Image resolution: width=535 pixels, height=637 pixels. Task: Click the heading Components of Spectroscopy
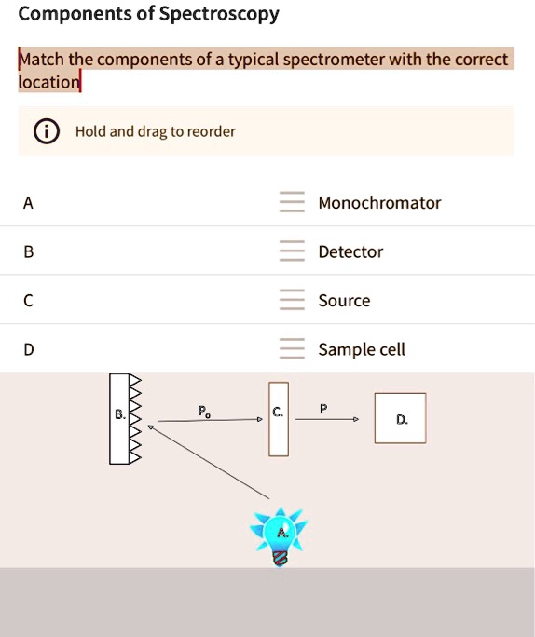click(x=149, y=14)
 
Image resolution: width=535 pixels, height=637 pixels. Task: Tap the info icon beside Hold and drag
click(x=44, y=131)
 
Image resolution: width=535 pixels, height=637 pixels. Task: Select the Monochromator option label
click(x=379, y=203)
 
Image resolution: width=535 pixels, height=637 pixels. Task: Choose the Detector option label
click(x=350, y=251)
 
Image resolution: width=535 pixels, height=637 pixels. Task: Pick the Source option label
click(x=344, y=301)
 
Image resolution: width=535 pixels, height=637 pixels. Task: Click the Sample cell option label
click(x=362, y=350)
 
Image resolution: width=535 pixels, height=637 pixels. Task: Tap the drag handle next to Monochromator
click(x=292, y=203)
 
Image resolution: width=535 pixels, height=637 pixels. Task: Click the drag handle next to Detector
click(x=292, y=251)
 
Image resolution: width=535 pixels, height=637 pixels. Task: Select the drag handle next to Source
click(x=292, y=301)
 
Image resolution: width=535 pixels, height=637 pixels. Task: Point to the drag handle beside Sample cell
click(x=292, y=350)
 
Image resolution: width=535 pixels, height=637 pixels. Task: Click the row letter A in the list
click(x=29, y=203)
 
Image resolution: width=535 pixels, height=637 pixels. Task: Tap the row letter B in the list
click(x=29, y=251)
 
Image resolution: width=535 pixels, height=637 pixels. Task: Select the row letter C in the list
click(x=29, y=301)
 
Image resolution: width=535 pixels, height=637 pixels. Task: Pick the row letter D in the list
click(x=29, y=350)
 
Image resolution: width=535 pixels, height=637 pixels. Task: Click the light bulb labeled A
click(x=279, y=535)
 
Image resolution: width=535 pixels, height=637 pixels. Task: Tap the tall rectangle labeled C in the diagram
click(x=279, y=418)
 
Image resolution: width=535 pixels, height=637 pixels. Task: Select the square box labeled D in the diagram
click(x=400, y=419)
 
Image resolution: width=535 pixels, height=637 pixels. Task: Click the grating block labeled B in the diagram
click(x=118, y=418)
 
